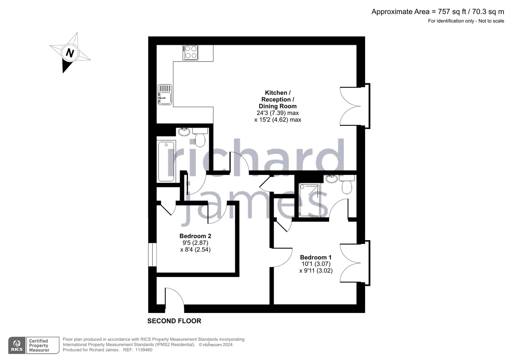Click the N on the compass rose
point(70,53)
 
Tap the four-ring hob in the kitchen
point(190,53)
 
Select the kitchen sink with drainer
point(165,94)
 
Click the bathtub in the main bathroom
point(166,161)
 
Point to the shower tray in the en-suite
point(310,200)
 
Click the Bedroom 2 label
point(195,236)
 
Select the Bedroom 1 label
point(316,257)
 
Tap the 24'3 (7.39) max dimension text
point(278,113)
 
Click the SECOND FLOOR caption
point(174,321)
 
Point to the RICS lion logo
point(17,345)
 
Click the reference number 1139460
point(144,350)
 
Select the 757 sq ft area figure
point(452,12)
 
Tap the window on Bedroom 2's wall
point(152,255)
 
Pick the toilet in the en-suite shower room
point(347,184)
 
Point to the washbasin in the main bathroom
point(184,132)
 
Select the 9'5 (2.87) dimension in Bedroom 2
point(195,243)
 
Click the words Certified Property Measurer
point(39,345)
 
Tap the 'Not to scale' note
point(491,21)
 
